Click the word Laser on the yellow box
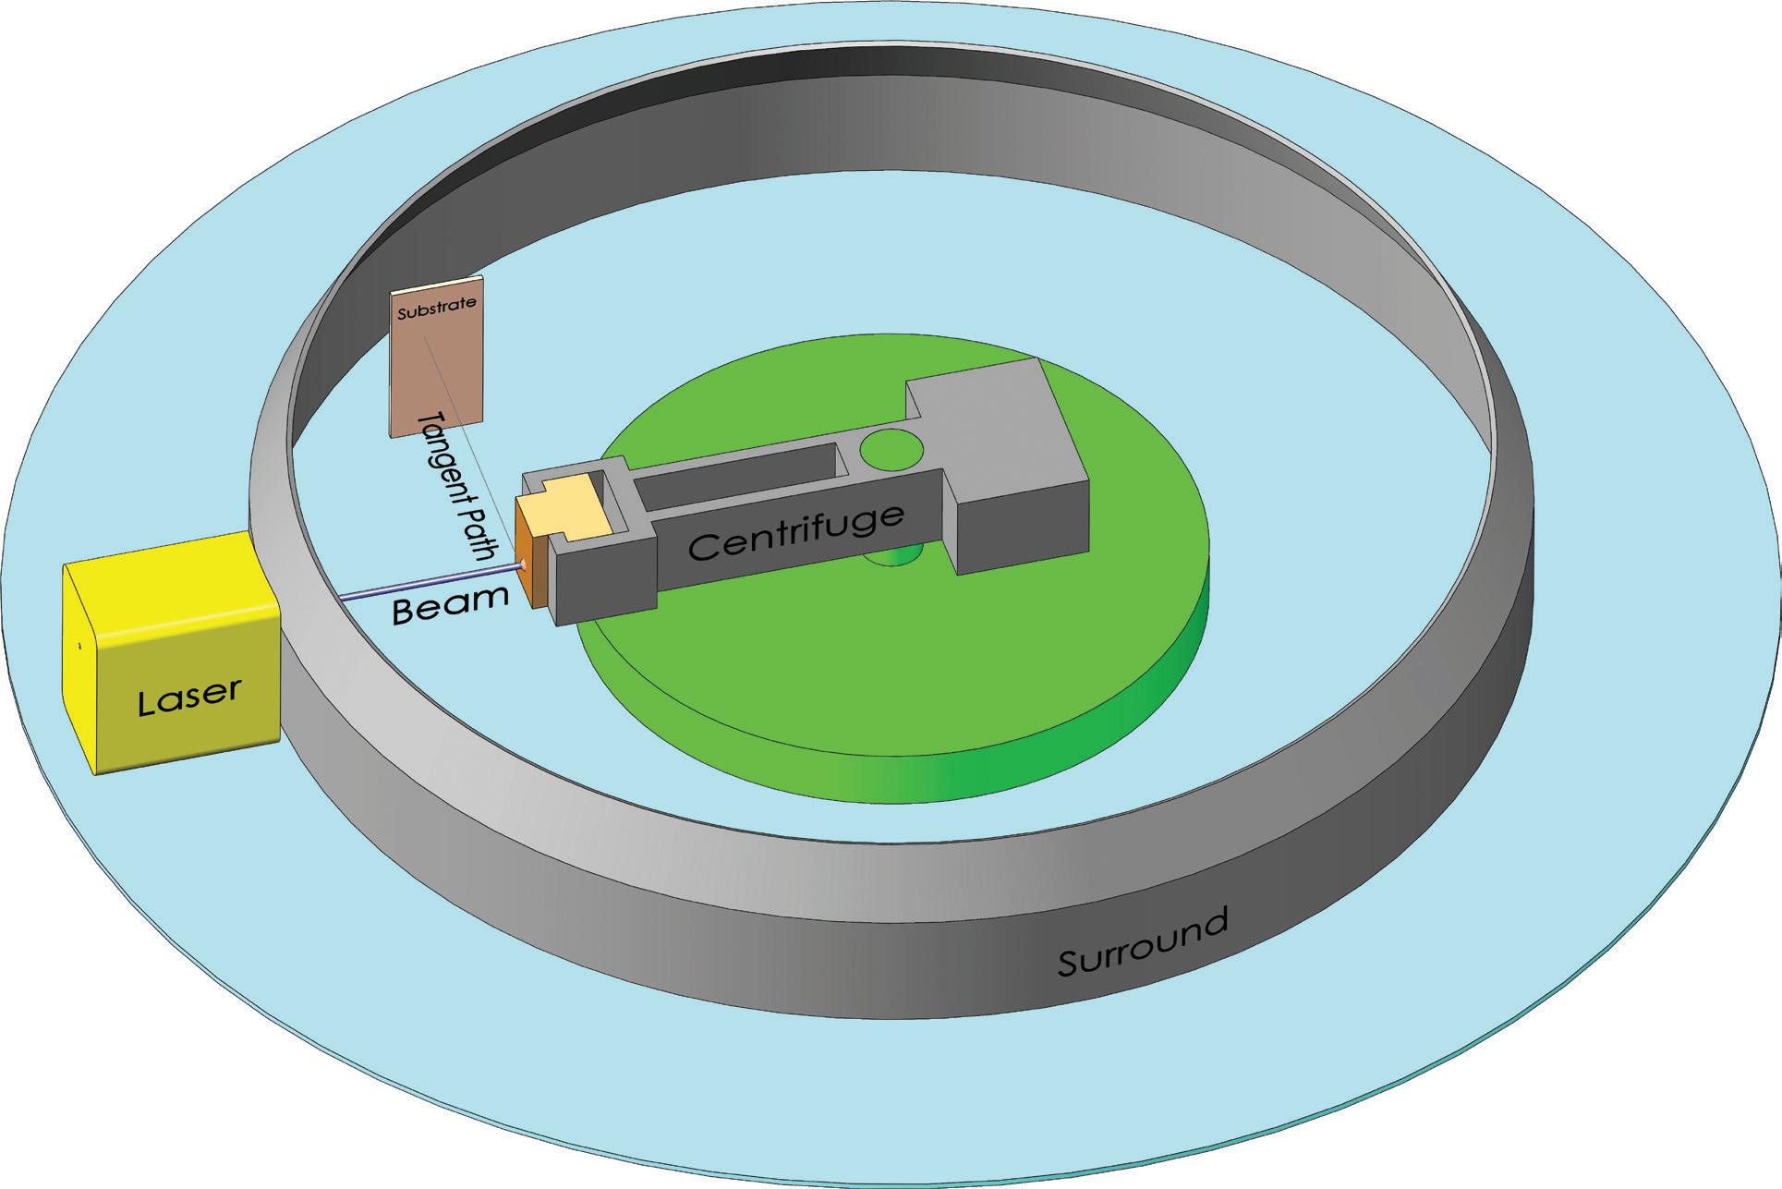tap(189, 697)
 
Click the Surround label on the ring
tap(1143, 941)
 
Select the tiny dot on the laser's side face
tap(79, 646)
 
